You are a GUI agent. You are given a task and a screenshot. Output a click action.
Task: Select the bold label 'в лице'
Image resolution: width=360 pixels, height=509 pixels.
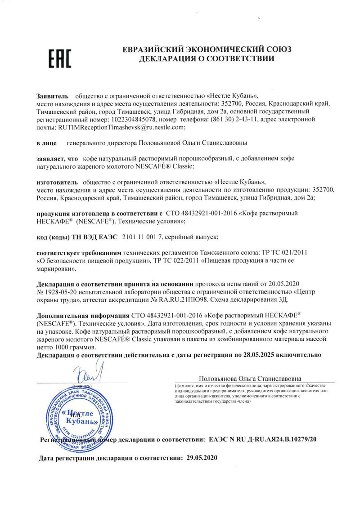coord(46,143)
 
